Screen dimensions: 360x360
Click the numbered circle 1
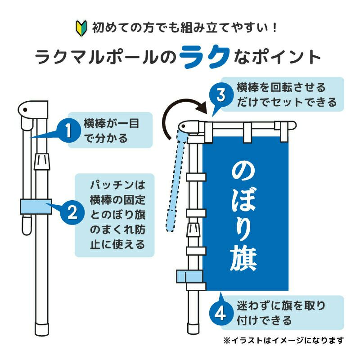tap(68, 132)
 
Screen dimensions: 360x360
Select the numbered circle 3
tap(220, 95)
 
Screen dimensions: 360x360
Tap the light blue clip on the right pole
tap(185, 276)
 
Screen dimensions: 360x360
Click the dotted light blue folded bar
tap(177, 180)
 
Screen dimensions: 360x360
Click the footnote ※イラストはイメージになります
tap(283, 340)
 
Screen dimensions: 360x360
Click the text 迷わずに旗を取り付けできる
tap(281, 313)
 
